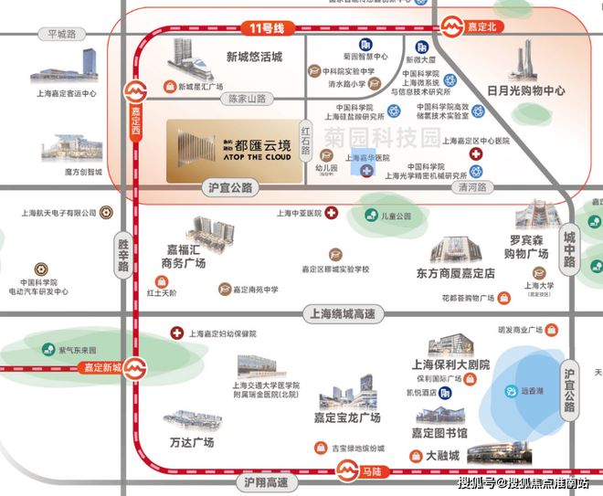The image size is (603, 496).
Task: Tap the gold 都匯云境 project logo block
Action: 233,147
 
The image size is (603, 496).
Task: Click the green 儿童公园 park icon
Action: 372,216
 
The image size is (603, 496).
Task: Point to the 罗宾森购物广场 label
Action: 528,247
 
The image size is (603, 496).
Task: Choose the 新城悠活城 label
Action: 254,57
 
